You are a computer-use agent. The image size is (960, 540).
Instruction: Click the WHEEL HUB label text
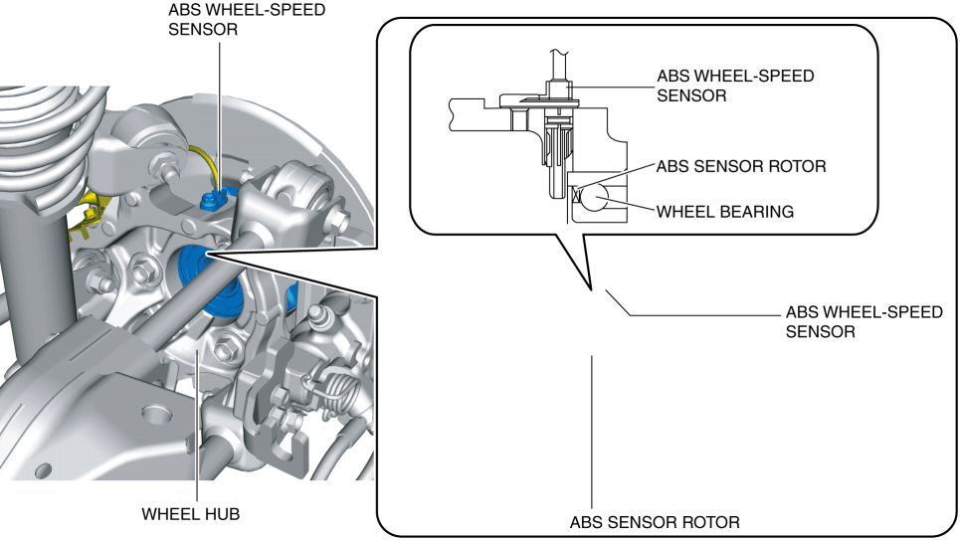click(x=191, y=514)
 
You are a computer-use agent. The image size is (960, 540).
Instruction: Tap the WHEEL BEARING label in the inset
click(x=724, y=211)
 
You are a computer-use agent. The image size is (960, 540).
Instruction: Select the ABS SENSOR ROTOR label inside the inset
click(x=740, y=166)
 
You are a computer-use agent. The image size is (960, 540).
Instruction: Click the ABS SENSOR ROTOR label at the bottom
click(x=655, y=522)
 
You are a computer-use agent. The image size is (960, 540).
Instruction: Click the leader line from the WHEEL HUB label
click(x=197, y=438)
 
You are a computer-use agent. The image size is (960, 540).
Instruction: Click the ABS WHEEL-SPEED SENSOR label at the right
click(x=863, y=321)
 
